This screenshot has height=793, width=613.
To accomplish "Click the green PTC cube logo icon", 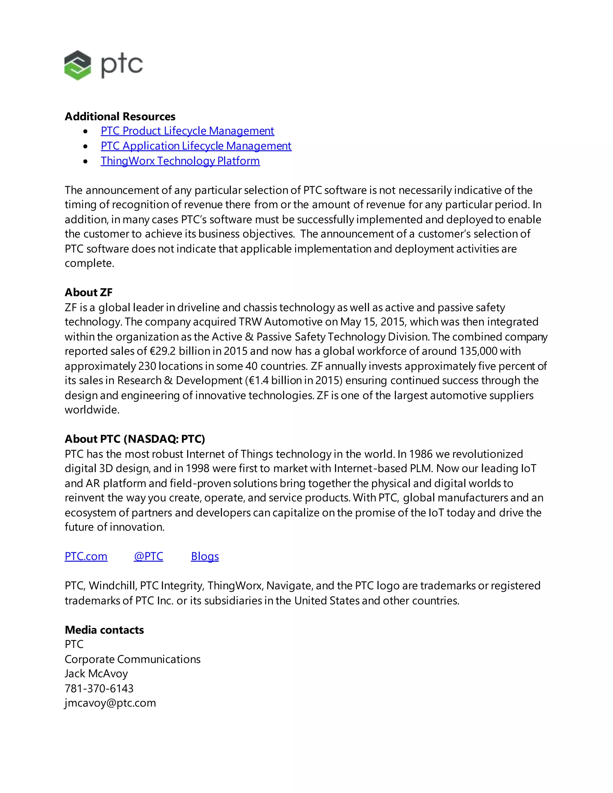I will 77,65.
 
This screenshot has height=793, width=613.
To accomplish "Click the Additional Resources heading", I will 120,116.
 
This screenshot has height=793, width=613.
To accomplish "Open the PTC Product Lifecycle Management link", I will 187,131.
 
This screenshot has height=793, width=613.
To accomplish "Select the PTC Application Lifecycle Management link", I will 196,146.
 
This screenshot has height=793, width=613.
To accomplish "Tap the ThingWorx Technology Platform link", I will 180,161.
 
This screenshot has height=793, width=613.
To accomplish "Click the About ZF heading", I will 89,292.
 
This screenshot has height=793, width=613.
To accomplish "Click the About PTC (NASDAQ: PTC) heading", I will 135,439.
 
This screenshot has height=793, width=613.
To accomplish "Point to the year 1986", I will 421,454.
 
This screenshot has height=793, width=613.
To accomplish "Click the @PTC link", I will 148,556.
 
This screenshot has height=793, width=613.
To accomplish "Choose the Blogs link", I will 205,556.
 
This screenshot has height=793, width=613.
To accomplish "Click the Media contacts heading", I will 104,630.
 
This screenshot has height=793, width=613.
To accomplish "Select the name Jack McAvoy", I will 96,674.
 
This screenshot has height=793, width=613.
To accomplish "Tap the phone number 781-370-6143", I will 99,689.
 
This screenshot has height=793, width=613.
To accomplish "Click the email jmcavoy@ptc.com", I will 110,703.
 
